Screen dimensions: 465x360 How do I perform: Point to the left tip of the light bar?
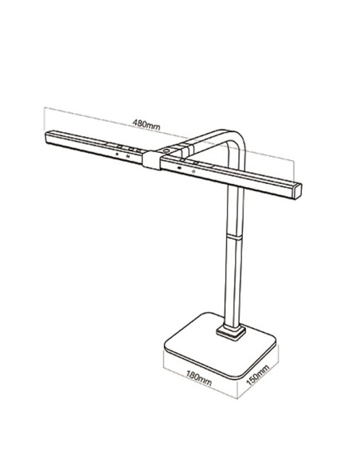click(x=49, y=135)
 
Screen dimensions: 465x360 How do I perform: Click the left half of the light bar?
click(x=96, y=147)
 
